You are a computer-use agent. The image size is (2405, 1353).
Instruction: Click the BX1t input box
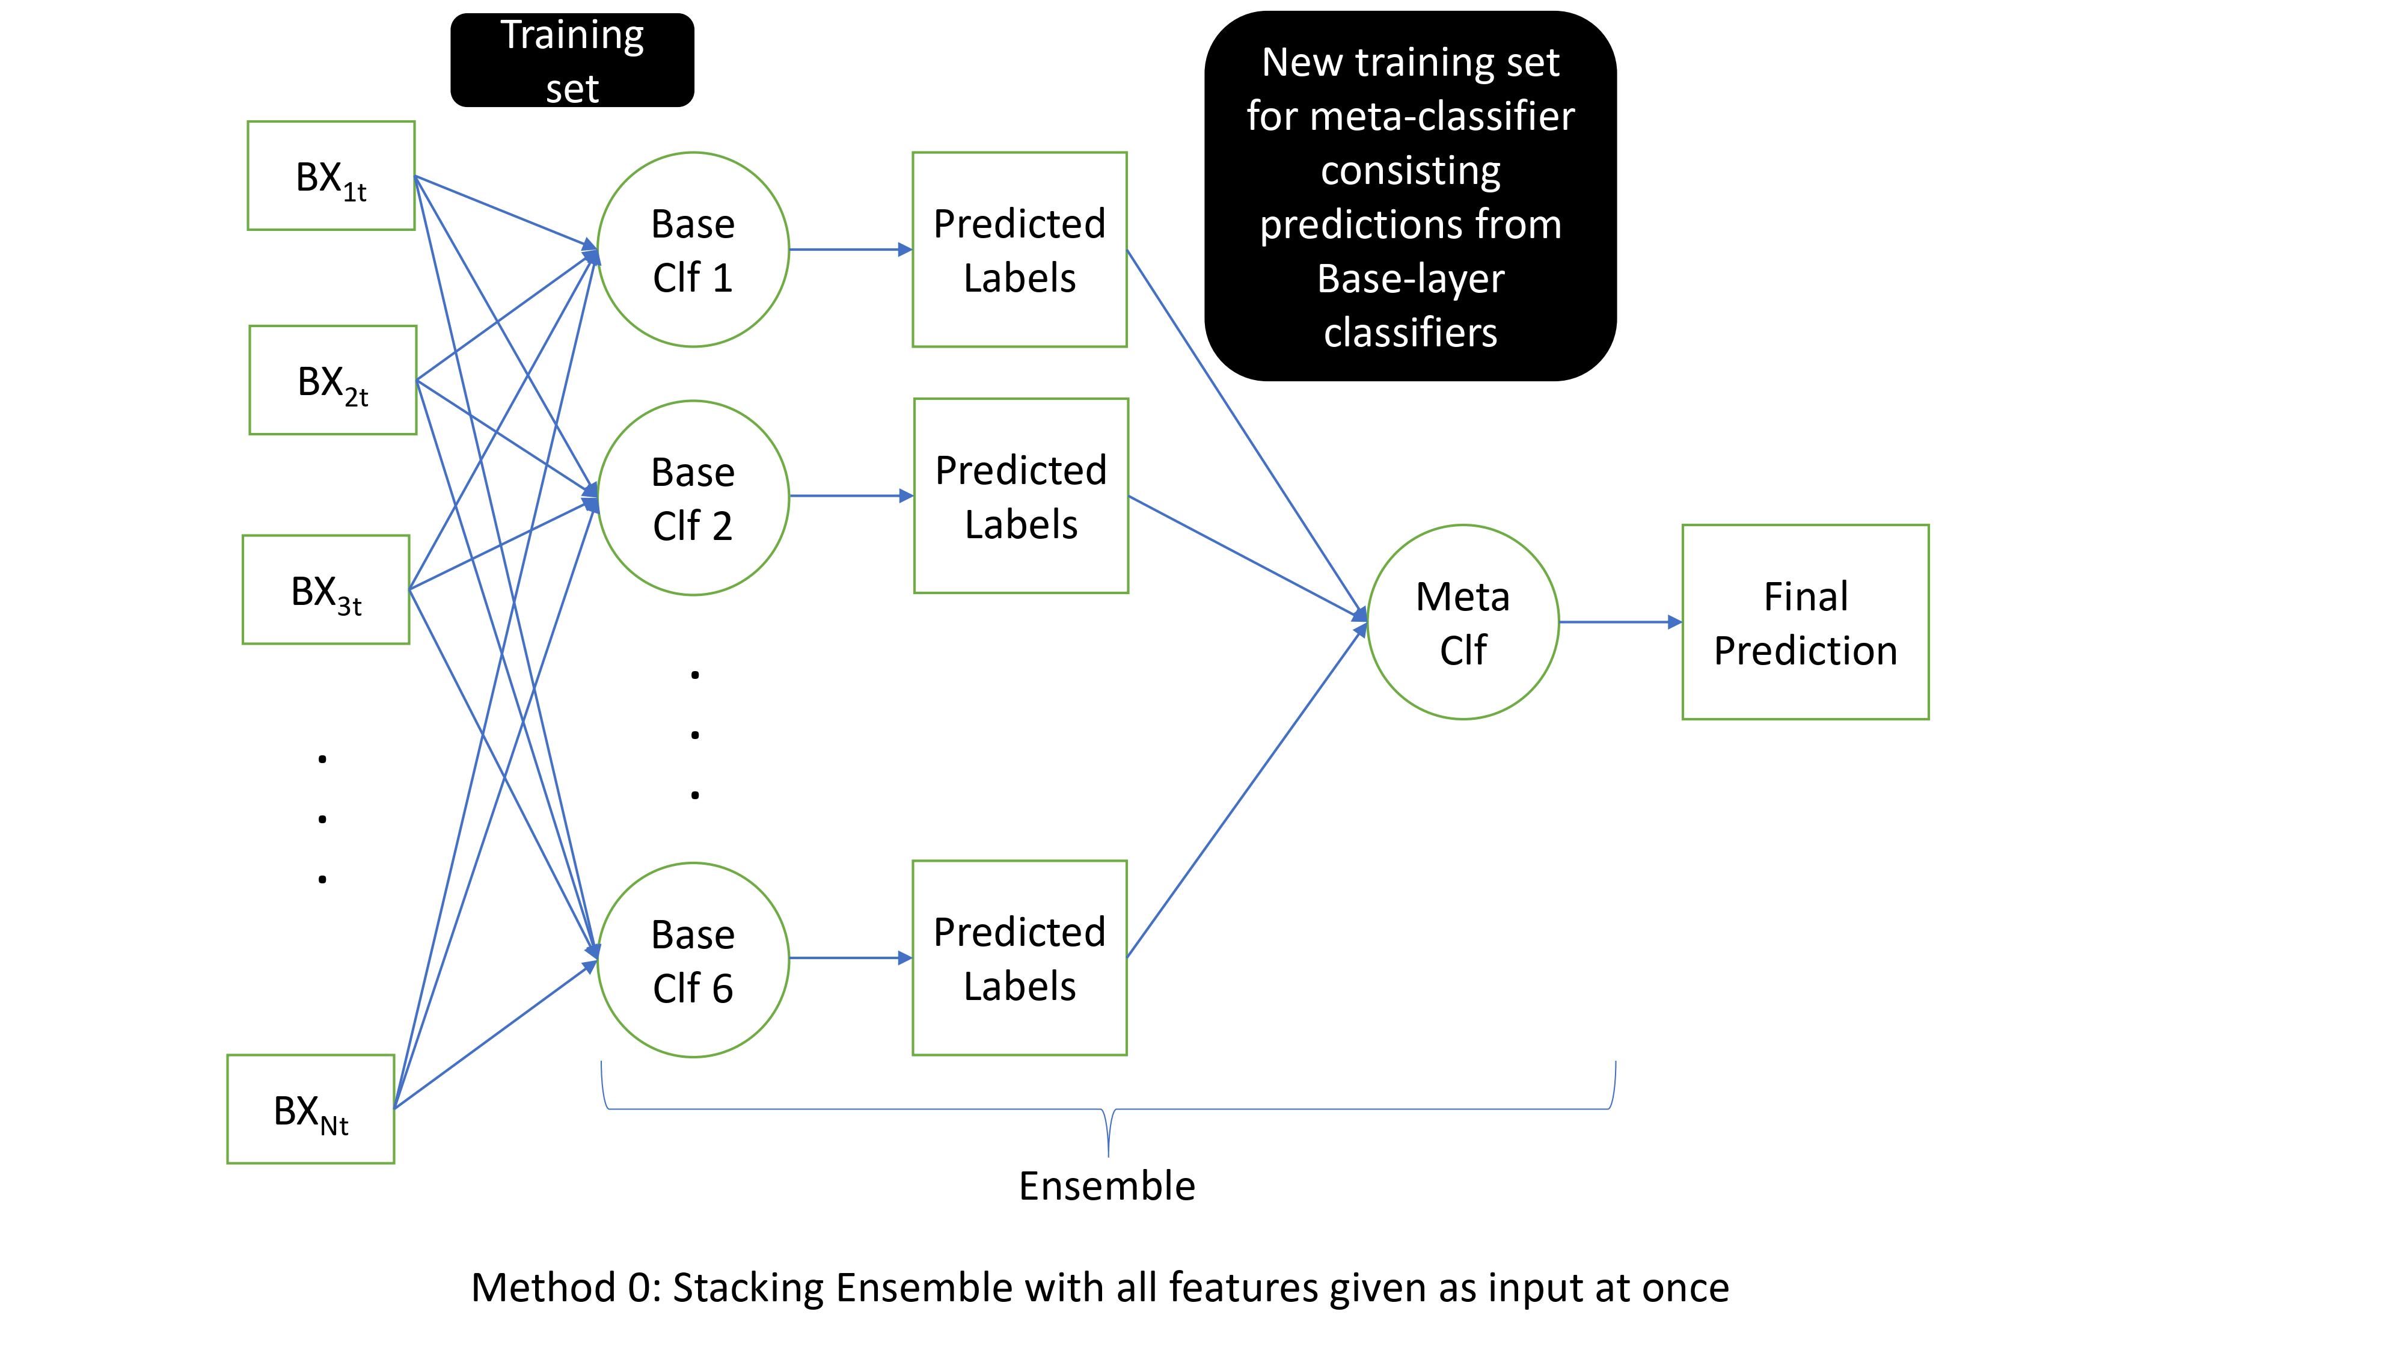tap(331, 176)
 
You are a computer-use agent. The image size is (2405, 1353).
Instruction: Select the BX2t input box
tap(332, 380)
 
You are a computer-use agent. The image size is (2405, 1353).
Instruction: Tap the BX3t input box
tap(326, 589)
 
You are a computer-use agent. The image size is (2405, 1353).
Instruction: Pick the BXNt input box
tap(310, 1109)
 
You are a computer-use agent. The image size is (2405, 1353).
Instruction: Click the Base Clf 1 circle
tap(693, 250)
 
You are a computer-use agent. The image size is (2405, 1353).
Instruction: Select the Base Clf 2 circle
tap(693, 498)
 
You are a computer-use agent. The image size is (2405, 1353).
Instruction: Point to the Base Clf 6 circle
tap(693, 960)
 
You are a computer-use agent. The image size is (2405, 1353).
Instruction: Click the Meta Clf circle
tap(1462, 622)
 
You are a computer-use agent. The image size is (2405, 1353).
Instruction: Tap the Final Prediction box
tap(1805, 622)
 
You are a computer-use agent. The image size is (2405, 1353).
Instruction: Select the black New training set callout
tap(1410, 196)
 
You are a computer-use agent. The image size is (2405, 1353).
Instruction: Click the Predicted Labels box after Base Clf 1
tap(1020, 250)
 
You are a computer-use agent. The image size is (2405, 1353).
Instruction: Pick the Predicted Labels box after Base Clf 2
tap(1020, 496)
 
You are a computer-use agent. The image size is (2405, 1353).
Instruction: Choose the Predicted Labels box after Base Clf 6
tap(1020, 958)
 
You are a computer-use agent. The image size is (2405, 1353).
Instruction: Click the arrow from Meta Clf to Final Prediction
tap(1620, 622)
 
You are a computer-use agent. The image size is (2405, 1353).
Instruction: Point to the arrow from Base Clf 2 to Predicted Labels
tap(850, 496)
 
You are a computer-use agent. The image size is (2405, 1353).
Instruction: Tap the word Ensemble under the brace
tap(1106, 1186)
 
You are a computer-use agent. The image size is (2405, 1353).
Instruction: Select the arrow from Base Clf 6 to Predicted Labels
tap(850, 958)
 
